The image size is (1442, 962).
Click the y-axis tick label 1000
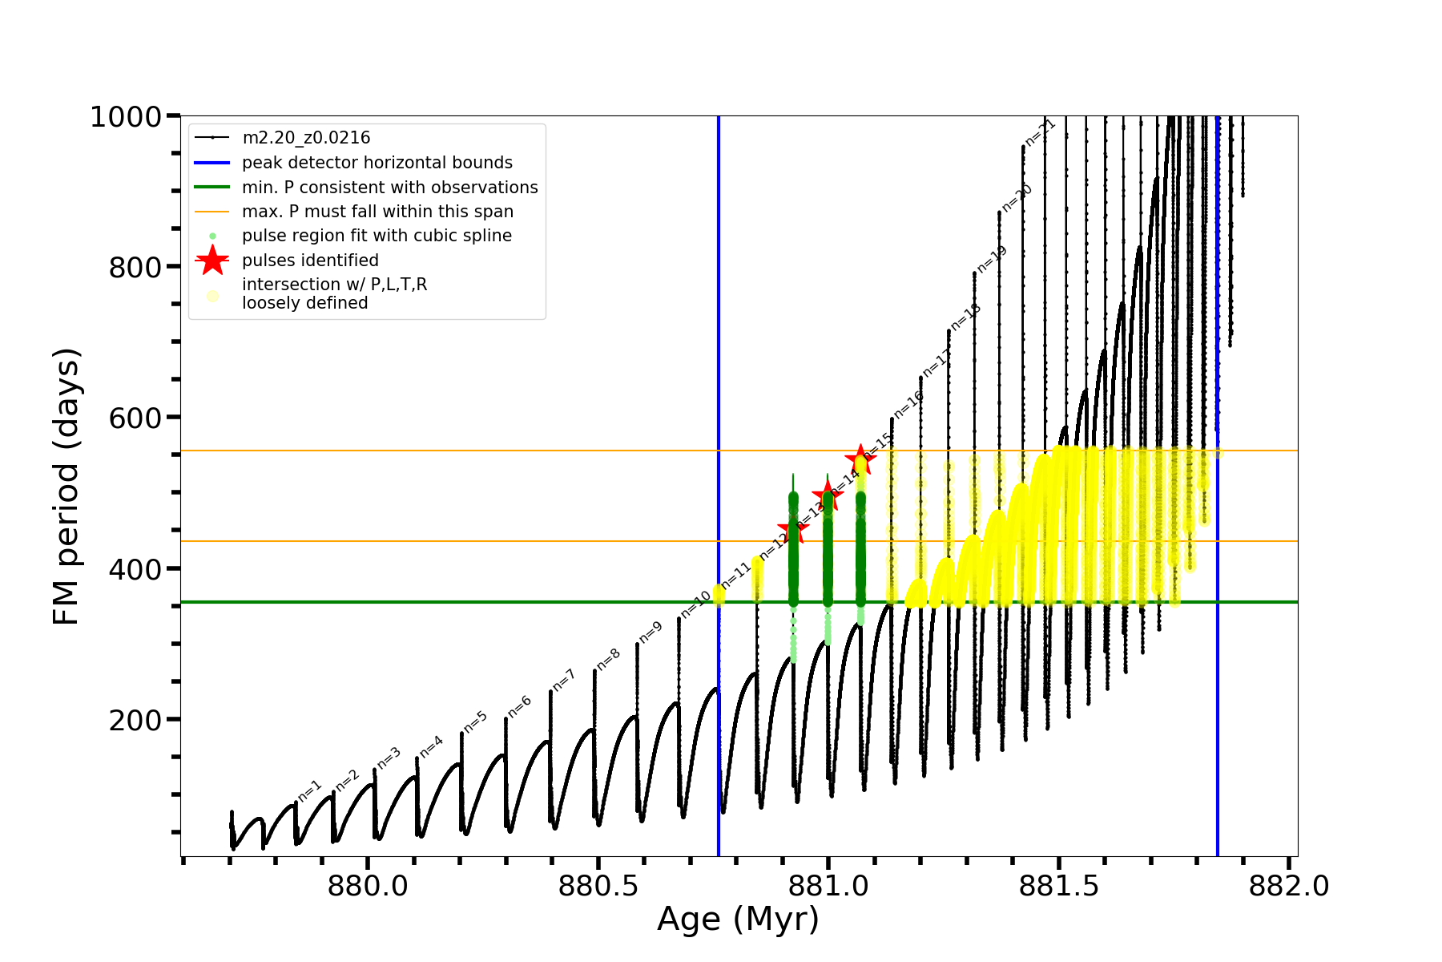tap(126, 117)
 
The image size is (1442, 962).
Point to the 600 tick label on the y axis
tap(135, 418)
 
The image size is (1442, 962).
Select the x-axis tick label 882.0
tap(1289, 887)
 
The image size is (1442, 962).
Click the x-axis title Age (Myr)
tap(738, 920)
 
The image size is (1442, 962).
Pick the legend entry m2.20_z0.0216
tap(306, 138)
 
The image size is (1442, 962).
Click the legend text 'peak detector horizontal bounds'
tap(377, 163)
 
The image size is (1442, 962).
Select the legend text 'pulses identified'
tap(310, 261)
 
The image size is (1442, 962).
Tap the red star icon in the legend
tap(212, 261)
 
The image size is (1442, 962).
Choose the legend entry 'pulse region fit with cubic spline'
tap(377, 236)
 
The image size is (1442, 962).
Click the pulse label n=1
tap(310, 790)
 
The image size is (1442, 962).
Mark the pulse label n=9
tap(651, 633)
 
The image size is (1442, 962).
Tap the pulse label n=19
tap(992, 260)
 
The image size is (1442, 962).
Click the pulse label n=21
tap(1041, 132)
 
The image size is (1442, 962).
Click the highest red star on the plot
tap(860, 459)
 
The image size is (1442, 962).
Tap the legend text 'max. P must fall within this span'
tap(377, 212)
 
